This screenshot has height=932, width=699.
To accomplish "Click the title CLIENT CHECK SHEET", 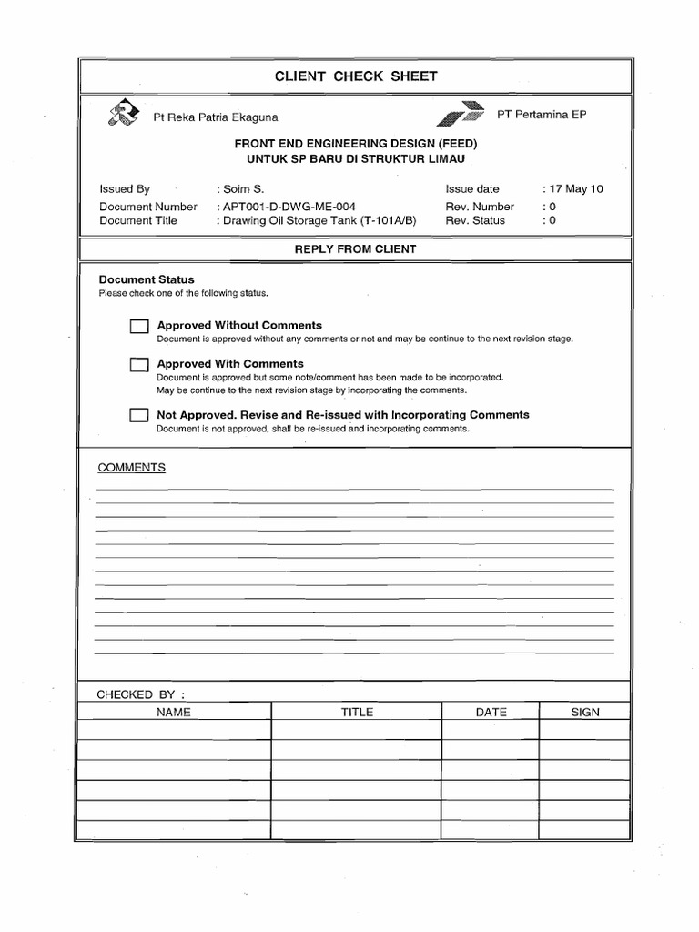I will tap(356, 76).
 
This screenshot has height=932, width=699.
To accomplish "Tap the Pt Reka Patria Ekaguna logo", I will tap(124, 114).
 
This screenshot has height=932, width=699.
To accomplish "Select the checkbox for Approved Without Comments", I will tap(138, 327).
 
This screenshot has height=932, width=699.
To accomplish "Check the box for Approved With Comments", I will tap(138, 365).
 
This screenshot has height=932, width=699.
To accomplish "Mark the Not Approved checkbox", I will tap(138, 416).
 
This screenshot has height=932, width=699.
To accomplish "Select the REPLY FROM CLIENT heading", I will tap(356, 249).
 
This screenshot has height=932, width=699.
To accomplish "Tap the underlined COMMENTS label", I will tap(132, 467).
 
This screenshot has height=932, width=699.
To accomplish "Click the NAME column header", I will tap(174, 712).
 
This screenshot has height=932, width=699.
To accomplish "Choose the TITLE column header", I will tap(357, 712).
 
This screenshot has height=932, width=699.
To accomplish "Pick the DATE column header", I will tap(491, 712).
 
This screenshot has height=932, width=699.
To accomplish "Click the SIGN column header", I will tap(585, 712).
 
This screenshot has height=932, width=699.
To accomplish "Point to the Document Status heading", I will tap(147, 279).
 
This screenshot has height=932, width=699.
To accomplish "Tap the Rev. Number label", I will tap(480, 207).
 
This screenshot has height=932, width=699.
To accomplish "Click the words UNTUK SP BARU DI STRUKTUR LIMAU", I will tap(356, 158).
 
